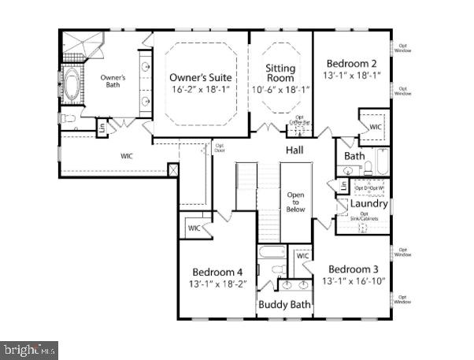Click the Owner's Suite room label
pyautogui.click(x=200, y=77)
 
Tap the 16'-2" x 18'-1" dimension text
pyautogui.click(x=200, y=91)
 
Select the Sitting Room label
pyautogui.click(x=280, y=73)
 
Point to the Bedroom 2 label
pyautogui.click(x=351, y=63)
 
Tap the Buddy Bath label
pyautogui.click(x=284, y=304)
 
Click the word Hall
pyautogui.click(x=294, y=150)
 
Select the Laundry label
pyautogui.click(x=368, y=203)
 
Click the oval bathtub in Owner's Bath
pyautogui.click(x=72, y=86)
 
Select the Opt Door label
pyautogui.click(x=220, y=147)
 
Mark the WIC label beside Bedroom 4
pyautogui.click(x=194, y=228)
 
